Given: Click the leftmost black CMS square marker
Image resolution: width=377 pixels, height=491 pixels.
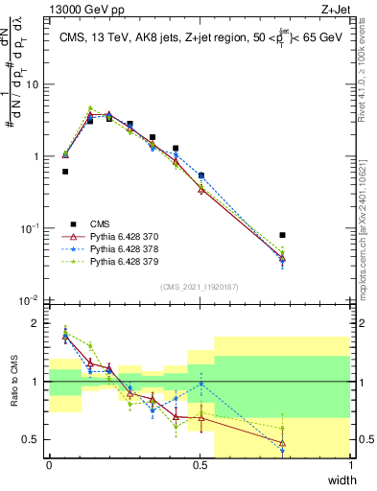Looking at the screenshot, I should pyautogui.click(x=65, y=172).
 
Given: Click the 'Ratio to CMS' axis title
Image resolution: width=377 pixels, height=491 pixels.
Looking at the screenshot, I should pyautogui.click(x=12, y=382).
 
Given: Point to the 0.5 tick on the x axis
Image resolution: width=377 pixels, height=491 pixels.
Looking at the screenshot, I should pyautogui.click(x=200, y=466).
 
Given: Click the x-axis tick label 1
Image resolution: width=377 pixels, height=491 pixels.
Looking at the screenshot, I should pyautogui.click(x=352, y=466).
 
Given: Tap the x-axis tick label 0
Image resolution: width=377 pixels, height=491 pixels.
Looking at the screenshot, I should pyautogui.click(x=50, y=466).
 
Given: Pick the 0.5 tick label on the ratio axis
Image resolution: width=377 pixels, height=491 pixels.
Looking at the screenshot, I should pyautogui.click(x=33, y=440).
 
